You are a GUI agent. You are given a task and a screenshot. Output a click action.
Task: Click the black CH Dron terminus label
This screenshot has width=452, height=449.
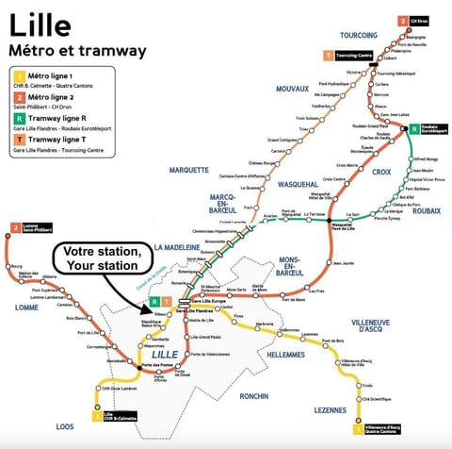(419, 21)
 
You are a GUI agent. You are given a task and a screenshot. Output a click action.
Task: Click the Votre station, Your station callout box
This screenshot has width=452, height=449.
(102, 259)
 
